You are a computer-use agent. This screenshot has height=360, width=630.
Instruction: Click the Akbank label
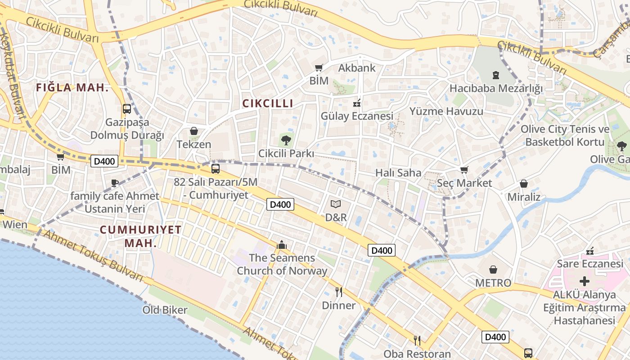tap(356, 68)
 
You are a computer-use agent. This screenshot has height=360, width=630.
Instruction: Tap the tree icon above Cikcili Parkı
tap(286, 140)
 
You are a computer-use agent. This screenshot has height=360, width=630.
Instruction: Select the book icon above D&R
tap(336, 204)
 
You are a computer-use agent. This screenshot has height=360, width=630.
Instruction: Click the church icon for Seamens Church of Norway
tap(282, 245)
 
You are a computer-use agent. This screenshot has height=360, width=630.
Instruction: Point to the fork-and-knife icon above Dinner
tap(339, 292)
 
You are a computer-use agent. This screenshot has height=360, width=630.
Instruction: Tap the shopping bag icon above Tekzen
tap(194, 131)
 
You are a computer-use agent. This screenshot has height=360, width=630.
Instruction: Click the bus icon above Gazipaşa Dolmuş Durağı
tap(127, 108)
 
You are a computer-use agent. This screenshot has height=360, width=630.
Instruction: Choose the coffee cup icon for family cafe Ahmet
tap(115, 183)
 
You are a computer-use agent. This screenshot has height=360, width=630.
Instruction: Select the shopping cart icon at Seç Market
tap(464, 170)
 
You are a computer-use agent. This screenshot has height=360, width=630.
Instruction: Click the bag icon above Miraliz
tap(524, 184)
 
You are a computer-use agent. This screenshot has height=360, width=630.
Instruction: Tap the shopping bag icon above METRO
tap(493, 270)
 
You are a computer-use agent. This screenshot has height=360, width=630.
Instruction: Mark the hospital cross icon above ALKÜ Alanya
tap(585, 282)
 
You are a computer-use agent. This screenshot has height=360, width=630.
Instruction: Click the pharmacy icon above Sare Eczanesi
tap(590, 251)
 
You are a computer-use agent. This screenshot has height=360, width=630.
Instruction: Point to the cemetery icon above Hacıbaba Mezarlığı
tap(496, 75)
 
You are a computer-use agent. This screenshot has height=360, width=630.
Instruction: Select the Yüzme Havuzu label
tap(446, 111)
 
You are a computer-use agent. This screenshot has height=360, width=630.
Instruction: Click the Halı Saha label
tap(398, 173)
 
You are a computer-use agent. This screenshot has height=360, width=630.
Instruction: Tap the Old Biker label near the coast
tap(165, 310)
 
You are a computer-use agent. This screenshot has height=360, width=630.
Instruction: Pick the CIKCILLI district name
tap(268, 103)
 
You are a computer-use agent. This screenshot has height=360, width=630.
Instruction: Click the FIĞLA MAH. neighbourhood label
tap(72, 88)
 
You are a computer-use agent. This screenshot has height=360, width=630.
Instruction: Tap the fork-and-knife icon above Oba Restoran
tap(417, 341)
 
